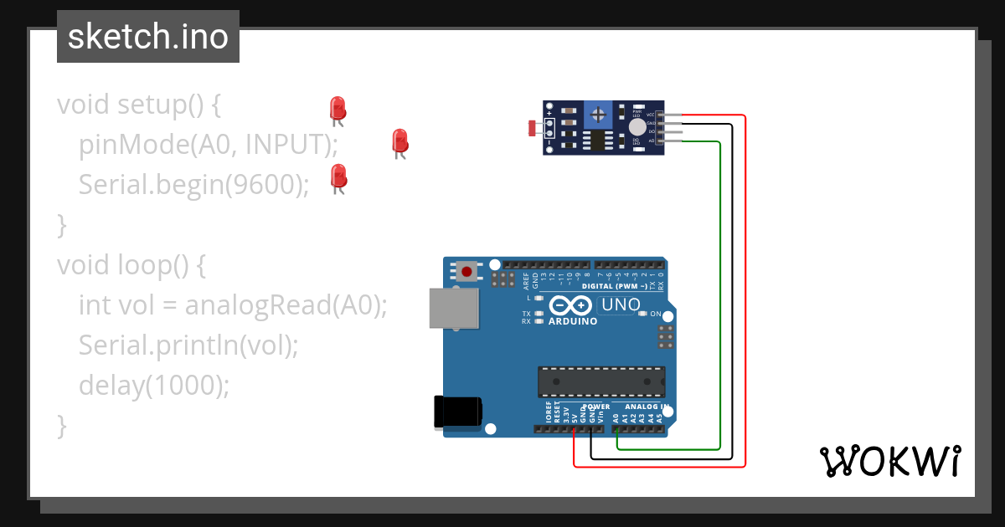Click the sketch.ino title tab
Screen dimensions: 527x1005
(x=147, y=37)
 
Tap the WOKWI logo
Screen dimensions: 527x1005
(x=889, y=461)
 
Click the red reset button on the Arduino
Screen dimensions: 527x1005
(x=466, y=271)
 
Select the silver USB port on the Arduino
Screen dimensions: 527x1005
(x=453, y=308)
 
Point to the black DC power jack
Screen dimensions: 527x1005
(x=457, y=412)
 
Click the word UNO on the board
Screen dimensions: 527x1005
(x=620, y=305)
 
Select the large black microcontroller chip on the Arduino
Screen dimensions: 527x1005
(x=601, y=381)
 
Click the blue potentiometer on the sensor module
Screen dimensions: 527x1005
(x=597, y=113)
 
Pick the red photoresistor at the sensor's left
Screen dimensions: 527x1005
(x=533, y=128)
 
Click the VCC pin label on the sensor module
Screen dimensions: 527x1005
(x=650, y=114)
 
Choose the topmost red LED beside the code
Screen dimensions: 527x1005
(x=338, y=108)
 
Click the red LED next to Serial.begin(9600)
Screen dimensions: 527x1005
(x=338, y=176)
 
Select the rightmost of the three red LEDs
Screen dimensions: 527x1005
(x=399, y=141)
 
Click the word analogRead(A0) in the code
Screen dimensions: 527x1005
(x=286, y=305)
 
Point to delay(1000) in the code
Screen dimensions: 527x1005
(x=153, y=385)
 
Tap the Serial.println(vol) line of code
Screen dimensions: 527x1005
(x=188, y=345)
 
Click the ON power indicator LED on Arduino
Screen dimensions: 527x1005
(x=643, y=315)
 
